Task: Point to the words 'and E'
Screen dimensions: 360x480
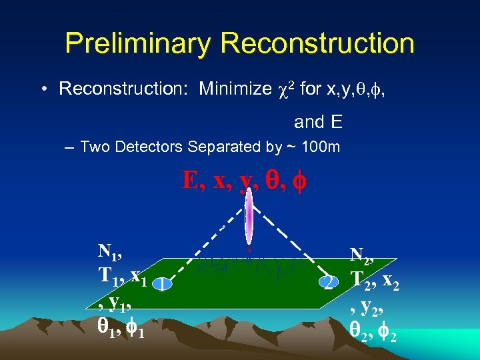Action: point(318,122)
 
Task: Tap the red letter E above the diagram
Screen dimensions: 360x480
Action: point(191,180)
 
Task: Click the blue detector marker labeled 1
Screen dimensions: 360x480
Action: point(162,285)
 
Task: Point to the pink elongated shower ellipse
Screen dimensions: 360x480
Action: point(249,217)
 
